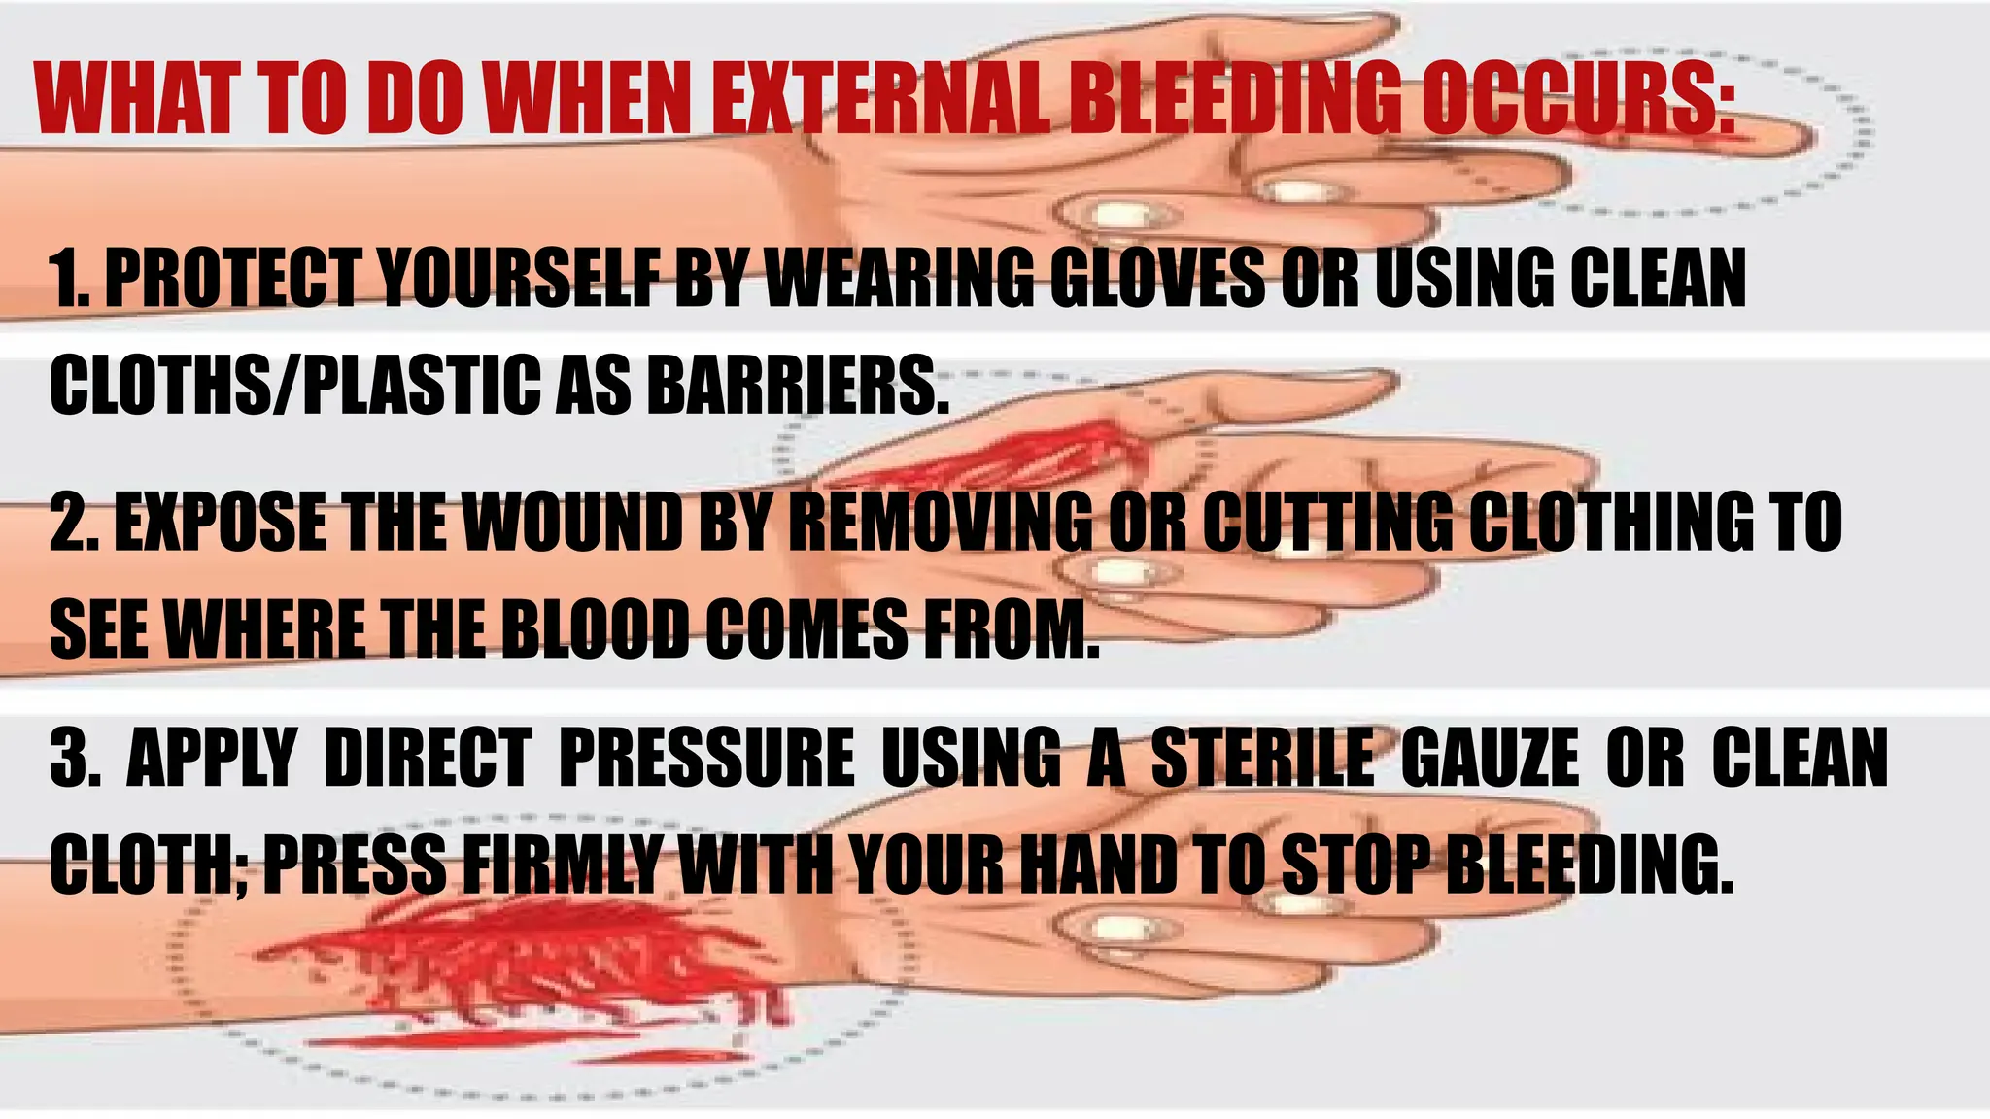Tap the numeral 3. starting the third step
click(76, 758)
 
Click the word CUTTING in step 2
click(1326, 522)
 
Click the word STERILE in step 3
click(1262, 758)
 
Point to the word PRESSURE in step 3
click(706, 758)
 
